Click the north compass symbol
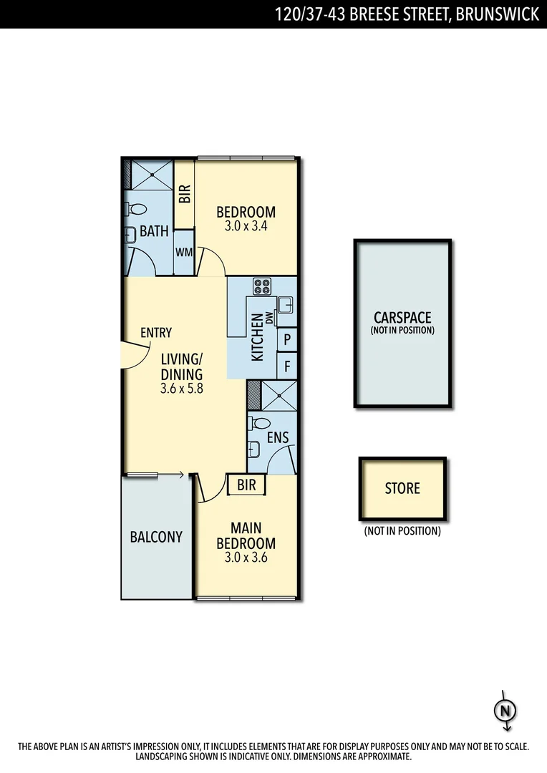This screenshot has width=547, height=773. pos(506,711)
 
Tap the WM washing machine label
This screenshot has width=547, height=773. pos(184,253)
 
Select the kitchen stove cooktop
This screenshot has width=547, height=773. pos(262,286)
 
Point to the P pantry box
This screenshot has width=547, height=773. pos(287,339)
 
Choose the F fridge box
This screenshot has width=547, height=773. pos(287,366)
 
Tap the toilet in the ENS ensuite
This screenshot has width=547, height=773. pos(259,424)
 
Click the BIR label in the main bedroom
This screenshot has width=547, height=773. pos(246,485)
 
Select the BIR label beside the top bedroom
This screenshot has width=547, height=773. pos(185,195)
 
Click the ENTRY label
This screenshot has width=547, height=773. pos(155,332)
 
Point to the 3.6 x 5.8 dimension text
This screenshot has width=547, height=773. pos(181,389)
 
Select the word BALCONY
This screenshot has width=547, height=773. pos(156,537)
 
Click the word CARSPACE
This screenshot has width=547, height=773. pos(402,318)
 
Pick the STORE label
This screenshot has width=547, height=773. pos(402,489)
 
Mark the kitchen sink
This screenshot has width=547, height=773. pos(285,305)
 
